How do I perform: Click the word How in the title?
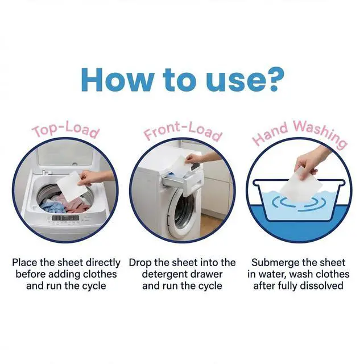click(x=117, y=80)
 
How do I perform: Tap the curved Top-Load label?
click(x=67, y=131)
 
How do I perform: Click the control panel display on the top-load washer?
click(x=65, y=218)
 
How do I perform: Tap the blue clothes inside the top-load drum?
click(x=51, y=206)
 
